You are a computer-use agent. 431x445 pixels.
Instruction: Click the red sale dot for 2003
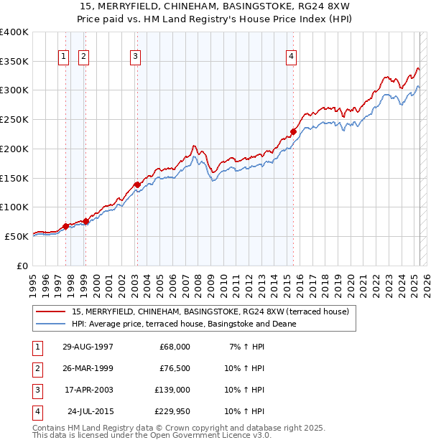(x=137, y=184)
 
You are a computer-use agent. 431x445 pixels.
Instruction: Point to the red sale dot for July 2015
(x=294, y=131)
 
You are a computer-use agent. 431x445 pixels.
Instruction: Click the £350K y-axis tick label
(x=14, y=62)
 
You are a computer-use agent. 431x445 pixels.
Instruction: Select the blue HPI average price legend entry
(x=184, y=324)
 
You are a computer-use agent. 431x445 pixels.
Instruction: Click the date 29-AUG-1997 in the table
(x=88, y=347)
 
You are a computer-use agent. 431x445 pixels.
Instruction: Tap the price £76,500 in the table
(x=175, y=368)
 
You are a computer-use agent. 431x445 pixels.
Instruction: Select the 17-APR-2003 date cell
(x=88, y=390)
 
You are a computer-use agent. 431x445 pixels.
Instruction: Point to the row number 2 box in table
(x=37, y=368)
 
